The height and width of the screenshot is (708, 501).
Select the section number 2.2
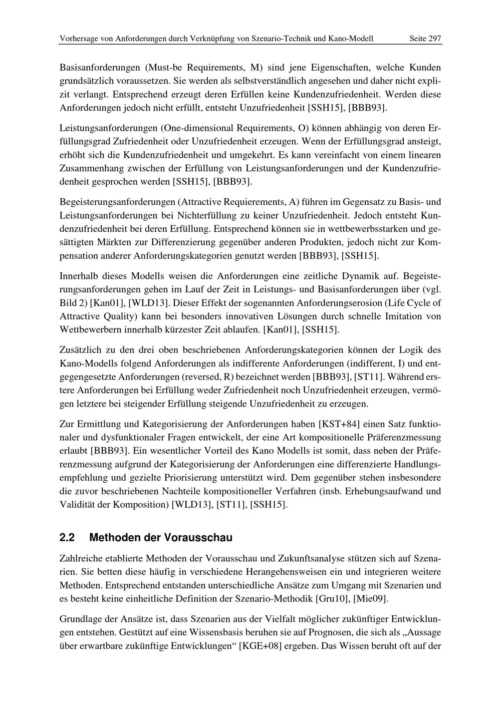[x=67, y=538]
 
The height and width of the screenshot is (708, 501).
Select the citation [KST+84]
[x=339, y=424]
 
